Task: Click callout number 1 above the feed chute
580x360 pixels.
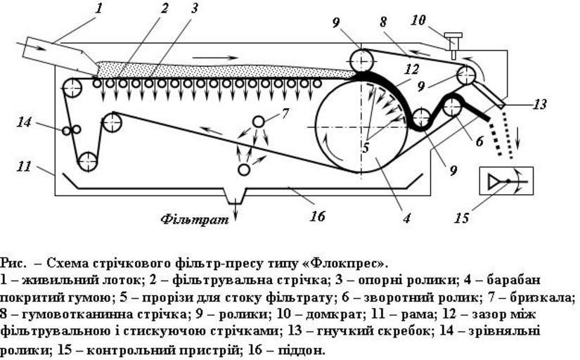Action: [x=99, y=8]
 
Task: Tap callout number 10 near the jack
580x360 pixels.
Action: [x=418, y=21]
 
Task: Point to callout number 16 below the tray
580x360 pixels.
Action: [x=318, y=216]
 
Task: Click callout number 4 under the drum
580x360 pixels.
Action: [x=406, y=218]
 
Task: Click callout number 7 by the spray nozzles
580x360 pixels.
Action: [x=285, y=112]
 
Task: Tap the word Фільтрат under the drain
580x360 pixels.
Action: [x=195, y=219]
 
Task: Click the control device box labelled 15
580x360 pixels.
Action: [x=505, y=181]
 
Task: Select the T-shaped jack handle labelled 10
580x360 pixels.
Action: [x=453, y=37]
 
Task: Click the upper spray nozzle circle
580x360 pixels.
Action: [x=259, y=121]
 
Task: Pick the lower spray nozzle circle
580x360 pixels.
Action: [x=244, y=169]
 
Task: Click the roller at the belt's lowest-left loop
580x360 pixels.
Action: [x=87, y=161]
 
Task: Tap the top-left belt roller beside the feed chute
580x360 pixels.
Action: [x=72, y=88]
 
